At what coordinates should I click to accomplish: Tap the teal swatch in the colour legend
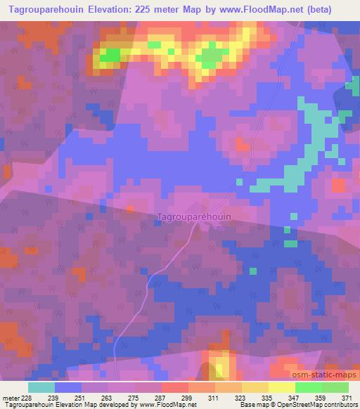[41, 387]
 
